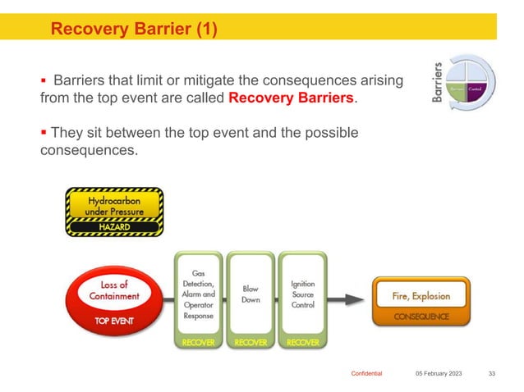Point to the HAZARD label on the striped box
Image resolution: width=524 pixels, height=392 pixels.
[114, 226]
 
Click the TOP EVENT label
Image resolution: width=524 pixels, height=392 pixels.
[114, 321]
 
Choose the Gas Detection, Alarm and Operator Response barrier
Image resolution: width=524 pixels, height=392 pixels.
[197, 294]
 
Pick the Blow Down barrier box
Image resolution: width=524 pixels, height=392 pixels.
[251, 294]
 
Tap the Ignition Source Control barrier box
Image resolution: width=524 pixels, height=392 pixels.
[303, 294]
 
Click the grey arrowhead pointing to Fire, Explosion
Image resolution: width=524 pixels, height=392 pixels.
[356, 299]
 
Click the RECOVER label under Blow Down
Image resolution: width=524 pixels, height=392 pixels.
[251, 342]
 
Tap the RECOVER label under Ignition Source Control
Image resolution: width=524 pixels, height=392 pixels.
[303, 342]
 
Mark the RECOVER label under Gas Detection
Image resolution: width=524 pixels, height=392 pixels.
[197, 342]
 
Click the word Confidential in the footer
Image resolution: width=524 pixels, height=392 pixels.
[366, 373]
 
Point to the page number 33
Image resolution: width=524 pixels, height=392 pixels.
[492, 373]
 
